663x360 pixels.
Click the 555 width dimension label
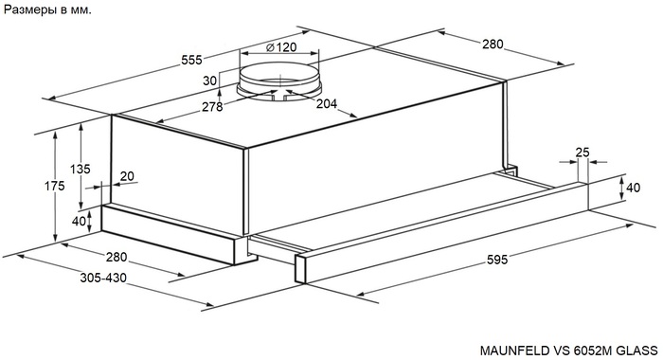click(191, 60)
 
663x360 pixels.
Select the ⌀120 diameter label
click(281, 47)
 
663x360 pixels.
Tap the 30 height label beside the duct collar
click(209, 81)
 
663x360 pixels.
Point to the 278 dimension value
click(212, 107)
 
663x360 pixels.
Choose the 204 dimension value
click(327, 103)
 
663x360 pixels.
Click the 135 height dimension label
click(80, 170)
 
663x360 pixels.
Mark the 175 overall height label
click(55, 186)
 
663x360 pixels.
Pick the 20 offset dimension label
click(127, 176)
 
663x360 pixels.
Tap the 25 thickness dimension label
click(582, 153)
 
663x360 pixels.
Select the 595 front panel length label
click(497, 260)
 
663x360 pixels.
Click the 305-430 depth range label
click(103, 278)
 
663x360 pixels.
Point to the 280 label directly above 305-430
click(116, 257)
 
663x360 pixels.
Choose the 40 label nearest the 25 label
click(633, 187)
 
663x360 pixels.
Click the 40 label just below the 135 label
click(79, 221)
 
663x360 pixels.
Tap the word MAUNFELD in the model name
click(515, 351)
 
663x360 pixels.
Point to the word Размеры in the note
click(30, 10)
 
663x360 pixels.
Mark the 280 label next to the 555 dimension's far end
click(493, 44)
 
